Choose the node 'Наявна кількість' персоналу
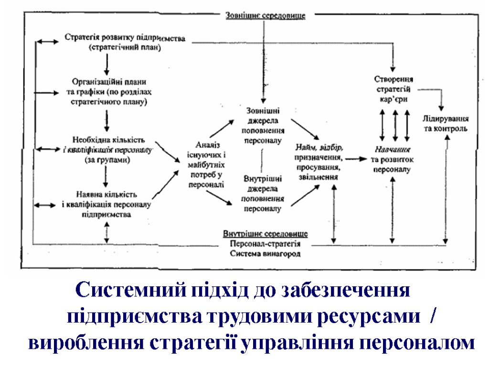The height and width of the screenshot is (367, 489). [106, 204]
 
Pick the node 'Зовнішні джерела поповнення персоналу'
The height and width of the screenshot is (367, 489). [263, 125]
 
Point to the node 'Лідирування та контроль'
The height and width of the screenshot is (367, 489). [446, 123]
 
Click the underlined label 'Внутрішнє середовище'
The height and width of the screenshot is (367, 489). [266, 234]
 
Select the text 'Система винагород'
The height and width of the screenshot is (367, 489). [266, 254]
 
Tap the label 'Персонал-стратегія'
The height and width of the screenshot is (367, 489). [266, 244]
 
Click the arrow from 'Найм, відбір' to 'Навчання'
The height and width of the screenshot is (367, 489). [357, 157]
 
